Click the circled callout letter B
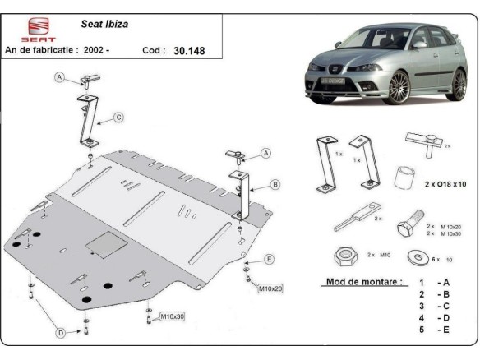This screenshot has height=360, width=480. (x=275, y=184)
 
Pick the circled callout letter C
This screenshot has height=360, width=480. (x=118, y=118)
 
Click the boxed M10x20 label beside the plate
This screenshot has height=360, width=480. (x=271, y=288)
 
